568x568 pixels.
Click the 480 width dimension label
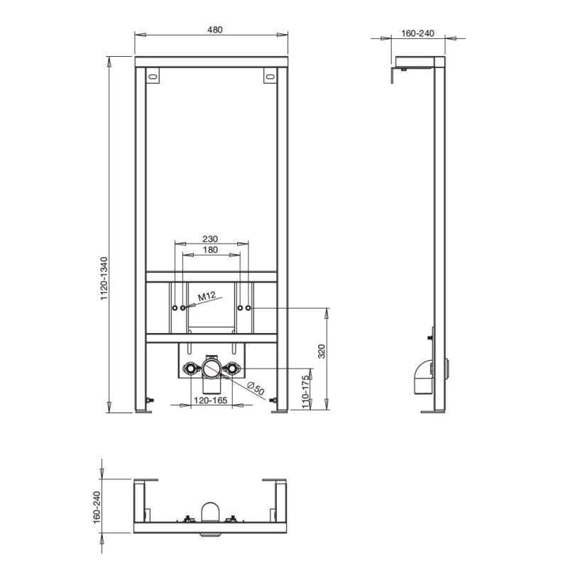point(215,30)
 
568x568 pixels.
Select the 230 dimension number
point(210,239)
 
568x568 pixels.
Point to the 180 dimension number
point(210,251)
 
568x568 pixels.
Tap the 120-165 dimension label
point(209,401)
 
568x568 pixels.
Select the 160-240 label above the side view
point(417,33)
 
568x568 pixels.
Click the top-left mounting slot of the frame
point(151,76)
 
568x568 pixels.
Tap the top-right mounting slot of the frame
point(271,76)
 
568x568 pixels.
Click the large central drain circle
point(211,368)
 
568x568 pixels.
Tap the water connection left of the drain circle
point(190,368)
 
